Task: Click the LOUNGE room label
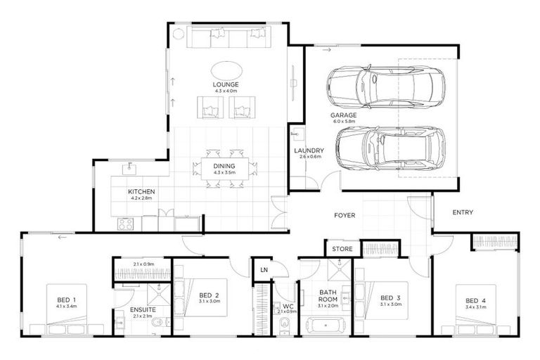pos(226,85)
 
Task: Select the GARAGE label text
pos(344,115)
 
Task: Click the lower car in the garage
pos(389,148)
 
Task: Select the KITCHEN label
pos(141,191)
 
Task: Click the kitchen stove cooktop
pos(126,224)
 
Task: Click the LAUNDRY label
pos(309,150)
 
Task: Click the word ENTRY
pos(463,212)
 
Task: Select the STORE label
pos(342,249)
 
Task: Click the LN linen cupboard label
pos(264,269)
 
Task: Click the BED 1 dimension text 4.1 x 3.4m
pos(67,307)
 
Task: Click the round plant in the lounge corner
pos(178,33)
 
